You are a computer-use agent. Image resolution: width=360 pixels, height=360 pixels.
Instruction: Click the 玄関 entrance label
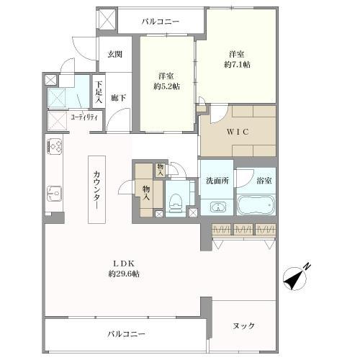[115, 54]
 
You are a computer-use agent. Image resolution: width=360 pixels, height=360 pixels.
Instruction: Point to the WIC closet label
[237, 131]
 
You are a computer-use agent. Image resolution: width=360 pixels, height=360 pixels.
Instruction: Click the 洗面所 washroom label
[217, 181]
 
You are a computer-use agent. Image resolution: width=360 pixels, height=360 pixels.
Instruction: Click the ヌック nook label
[244, 326]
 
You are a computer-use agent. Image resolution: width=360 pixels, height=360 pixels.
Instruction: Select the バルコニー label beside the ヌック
[127, 335]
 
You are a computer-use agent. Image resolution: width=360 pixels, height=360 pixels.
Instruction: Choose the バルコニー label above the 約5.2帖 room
[160, 22]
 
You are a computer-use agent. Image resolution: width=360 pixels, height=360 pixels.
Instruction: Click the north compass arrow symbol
[297, 276]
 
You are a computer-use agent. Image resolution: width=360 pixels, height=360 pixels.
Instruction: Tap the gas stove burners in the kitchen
[54, 147]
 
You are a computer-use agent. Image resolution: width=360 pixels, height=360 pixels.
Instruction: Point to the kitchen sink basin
[54, 193]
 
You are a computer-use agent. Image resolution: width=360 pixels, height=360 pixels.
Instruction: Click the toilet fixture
[176, 201]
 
